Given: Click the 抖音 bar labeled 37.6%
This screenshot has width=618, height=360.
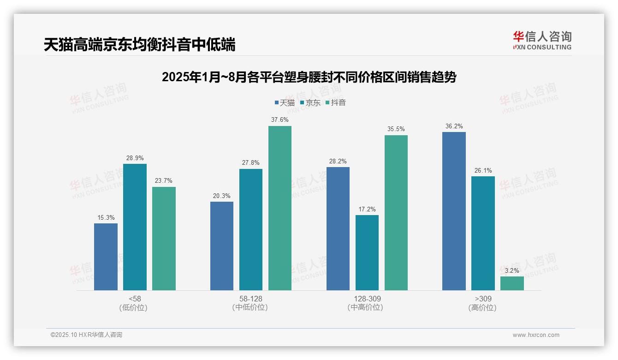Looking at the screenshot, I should pos(280,208).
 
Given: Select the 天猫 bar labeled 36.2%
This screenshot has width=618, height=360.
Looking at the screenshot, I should pos(454,211).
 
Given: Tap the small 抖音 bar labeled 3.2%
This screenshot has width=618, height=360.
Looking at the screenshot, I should pos(512,283).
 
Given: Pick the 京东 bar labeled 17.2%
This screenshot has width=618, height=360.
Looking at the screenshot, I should pos(367,252).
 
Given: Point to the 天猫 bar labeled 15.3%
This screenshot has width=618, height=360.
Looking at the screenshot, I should pos(106,257).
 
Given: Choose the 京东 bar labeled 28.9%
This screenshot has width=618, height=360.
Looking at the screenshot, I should pos(135,227).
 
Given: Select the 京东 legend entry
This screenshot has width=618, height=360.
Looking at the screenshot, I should pos(310,102).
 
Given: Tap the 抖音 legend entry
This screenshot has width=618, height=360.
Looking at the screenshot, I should pos(335,102).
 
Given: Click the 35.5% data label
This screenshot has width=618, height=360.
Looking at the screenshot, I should pos(396,129).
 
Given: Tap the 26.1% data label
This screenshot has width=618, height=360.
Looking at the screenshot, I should pos(483,171).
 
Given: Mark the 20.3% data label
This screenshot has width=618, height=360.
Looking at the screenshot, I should pos(222,196).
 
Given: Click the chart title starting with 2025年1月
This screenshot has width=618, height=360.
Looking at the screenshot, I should pos(309,77).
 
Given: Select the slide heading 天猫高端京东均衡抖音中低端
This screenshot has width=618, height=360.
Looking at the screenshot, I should pos(139,45).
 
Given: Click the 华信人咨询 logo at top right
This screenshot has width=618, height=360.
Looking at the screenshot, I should pos(542,40).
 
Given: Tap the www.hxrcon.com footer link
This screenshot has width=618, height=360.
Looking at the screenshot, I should pos(535,335).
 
